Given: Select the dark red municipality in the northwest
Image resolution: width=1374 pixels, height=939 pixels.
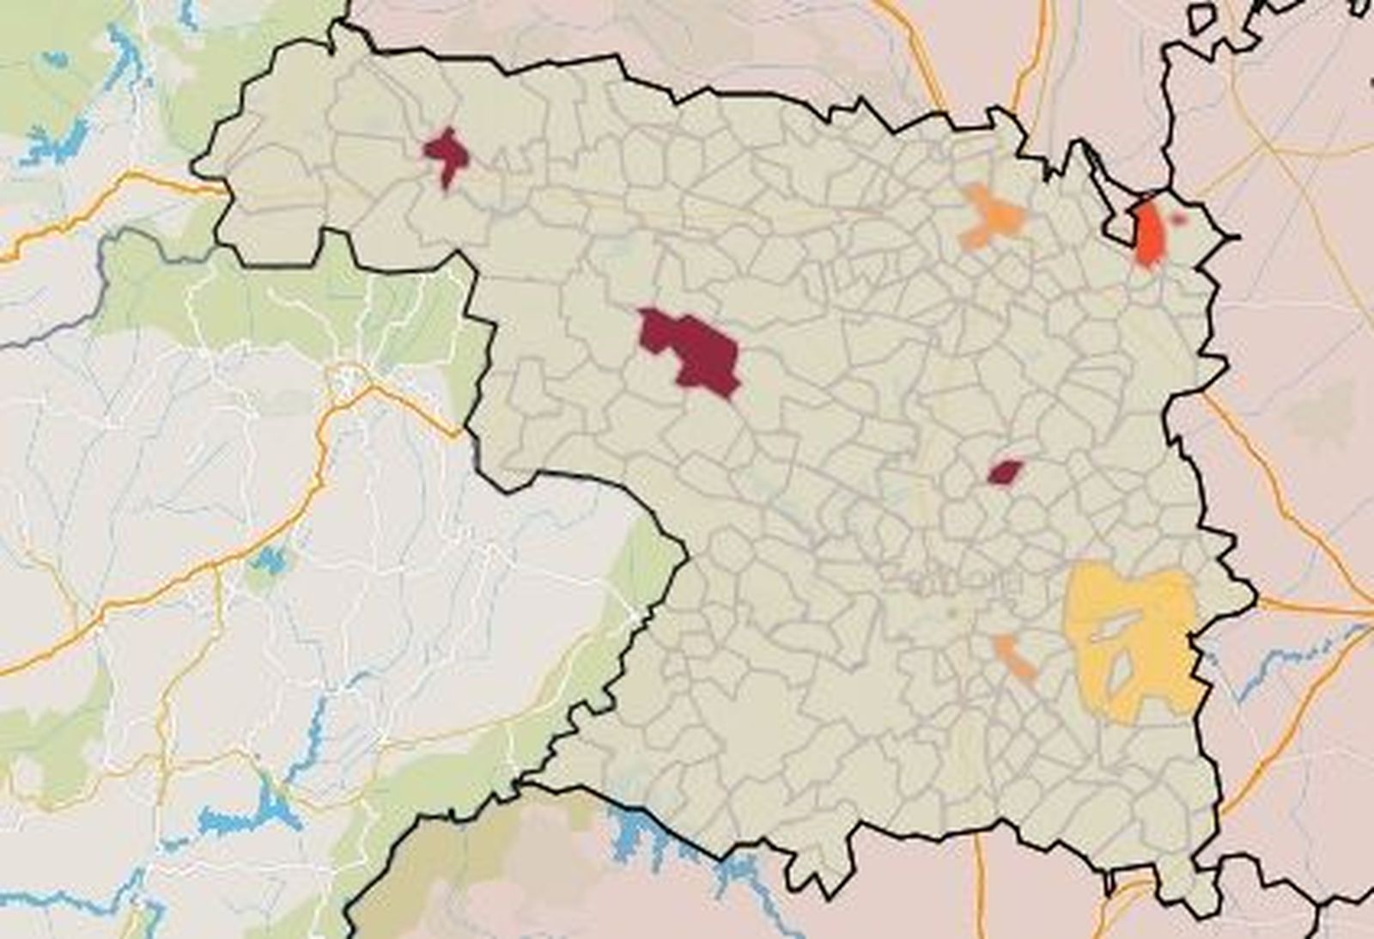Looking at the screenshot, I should coord(446,155).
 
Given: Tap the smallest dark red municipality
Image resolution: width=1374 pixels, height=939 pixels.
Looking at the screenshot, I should coord(1005,472).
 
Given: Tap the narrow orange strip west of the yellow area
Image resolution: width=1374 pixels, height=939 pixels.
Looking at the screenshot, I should coord(1014,657).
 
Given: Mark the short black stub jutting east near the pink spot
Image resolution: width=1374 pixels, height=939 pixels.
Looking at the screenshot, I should coord(1228,235).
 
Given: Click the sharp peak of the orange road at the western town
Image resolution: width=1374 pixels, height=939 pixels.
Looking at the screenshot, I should coord(371,388).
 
